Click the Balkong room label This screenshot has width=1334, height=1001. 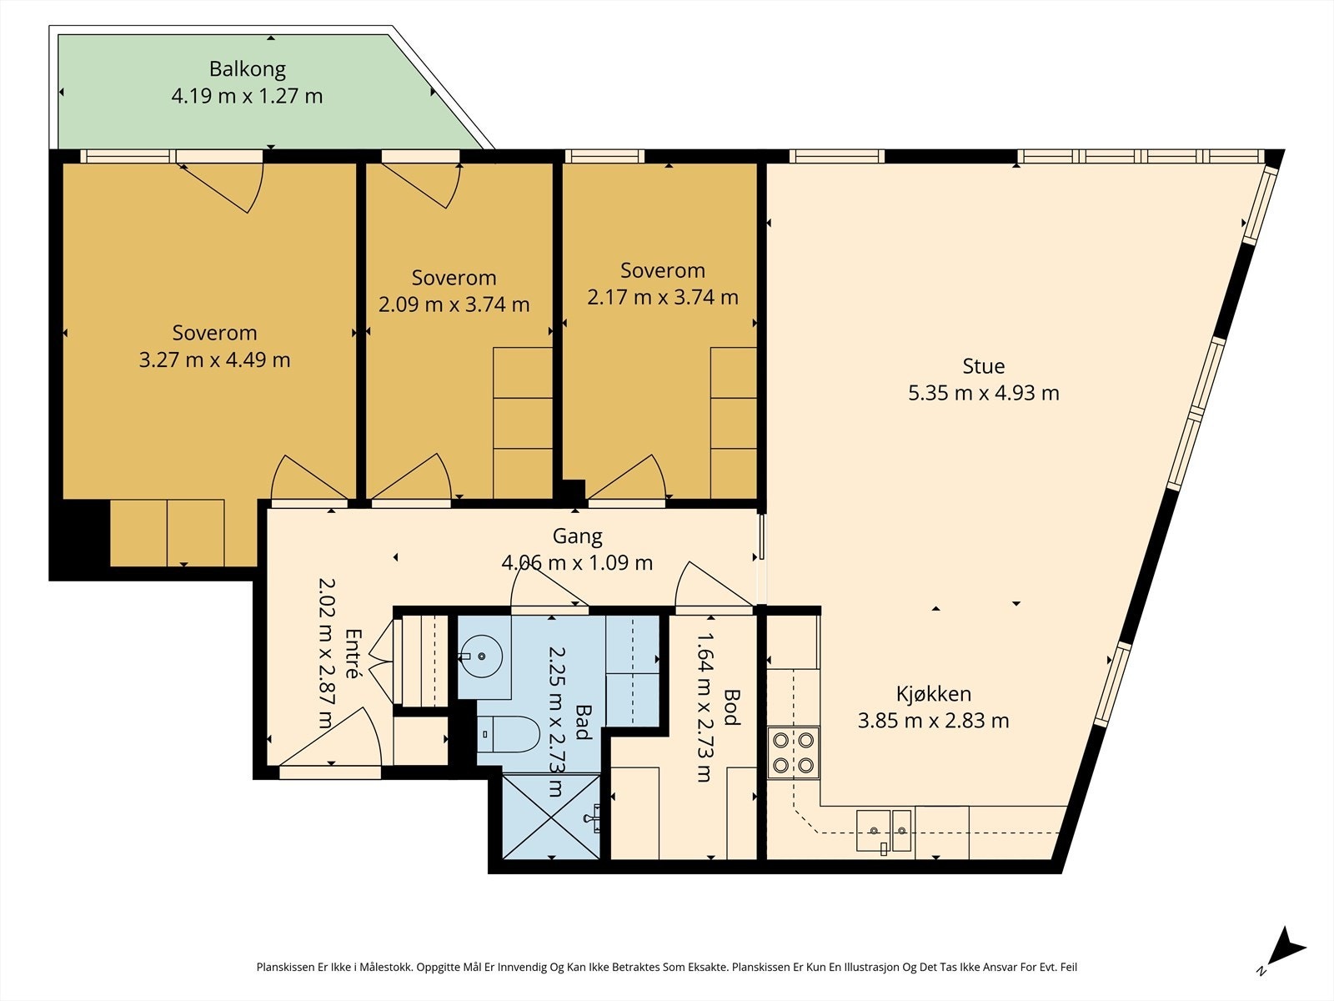[x=248, y=69]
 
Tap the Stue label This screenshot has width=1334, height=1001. [x=983, y=366]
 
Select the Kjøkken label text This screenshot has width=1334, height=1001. [x=934, y=693]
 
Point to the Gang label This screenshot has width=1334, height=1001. [x=577, y=536]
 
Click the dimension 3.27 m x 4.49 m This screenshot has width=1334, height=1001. [x=214, y=360]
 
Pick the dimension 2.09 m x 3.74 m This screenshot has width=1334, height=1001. [x=454, y=304]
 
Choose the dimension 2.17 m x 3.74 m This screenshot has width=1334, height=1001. [x=663, y=297]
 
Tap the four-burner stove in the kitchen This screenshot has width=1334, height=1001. [x=793, y=752]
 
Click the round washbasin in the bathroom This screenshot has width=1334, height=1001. [x=481, y=656]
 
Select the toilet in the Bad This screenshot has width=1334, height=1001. [x=508, y=733]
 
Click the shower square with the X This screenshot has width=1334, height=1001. [x=551, y=816]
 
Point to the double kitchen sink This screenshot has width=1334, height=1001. [x=885, y=831]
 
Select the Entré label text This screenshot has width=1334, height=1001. [x=354, y=653]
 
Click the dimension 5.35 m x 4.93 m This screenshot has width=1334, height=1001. [x=983, y=393]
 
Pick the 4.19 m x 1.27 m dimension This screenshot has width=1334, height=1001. [x=247, y=96]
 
